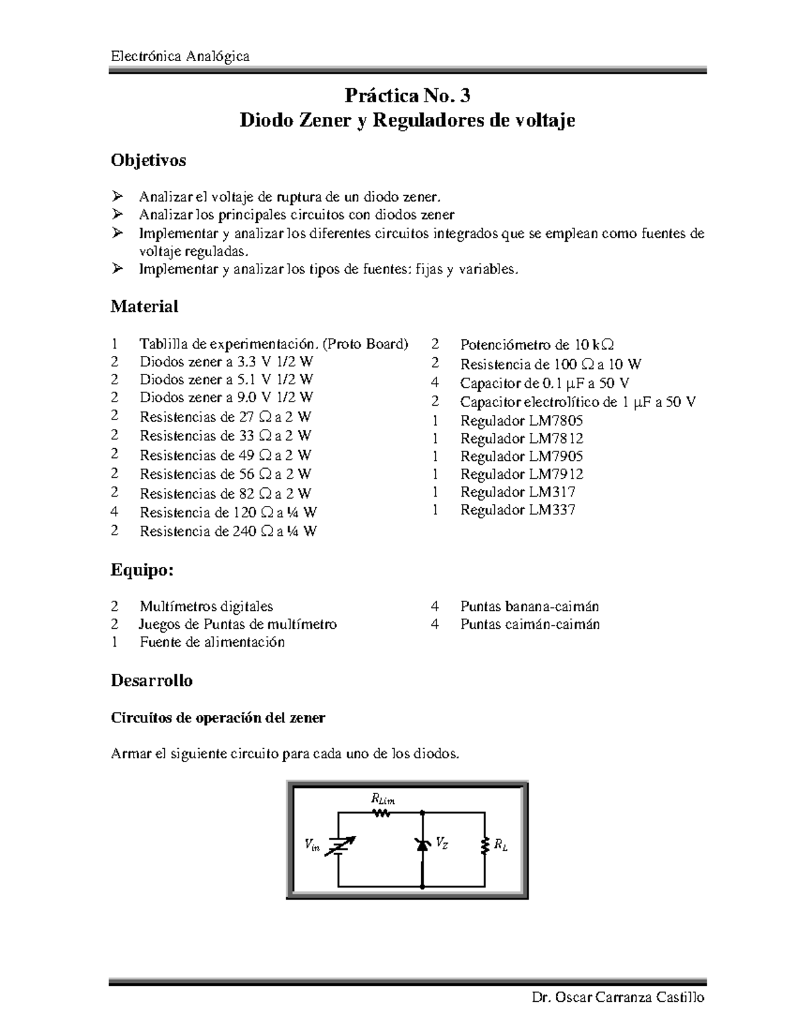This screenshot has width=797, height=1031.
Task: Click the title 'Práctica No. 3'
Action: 407,96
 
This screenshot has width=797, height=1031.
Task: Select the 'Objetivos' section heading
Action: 148,160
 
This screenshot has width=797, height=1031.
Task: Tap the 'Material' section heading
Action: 144,306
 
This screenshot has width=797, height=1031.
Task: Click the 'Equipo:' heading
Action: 141,570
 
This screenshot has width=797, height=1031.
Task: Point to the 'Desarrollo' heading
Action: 151,680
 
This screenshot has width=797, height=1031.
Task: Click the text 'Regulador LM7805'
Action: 521,420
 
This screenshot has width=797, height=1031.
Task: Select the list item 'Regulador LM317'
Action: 517,492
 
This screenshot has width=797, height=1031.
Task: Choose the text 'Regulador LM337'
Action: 517,510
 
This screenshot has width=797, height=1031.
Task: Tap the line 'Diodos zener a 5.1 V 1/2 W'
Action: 226,380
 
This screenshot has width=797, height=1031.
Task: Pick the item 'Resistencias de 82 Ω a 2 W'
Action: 225,493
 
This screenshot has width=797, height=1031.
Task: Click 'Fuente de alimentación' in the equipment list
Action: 212,642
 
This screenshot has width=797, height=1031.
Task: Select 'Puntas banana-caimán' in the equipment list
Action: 529,606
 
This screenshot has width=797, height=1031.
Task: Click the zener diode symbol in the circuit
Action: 422,844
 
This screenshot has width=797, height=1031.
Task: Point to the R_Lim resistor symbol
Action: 381,812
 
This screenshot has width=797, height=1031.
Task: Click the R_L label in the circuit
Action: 500,845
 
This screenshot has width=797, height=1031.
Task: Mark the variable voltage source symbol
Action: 339,845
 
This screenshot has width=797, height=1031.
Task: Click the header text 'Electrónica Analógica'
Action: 180,56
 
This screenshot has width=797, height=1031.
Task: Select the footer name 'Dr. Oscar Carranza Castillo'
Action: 618,998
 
